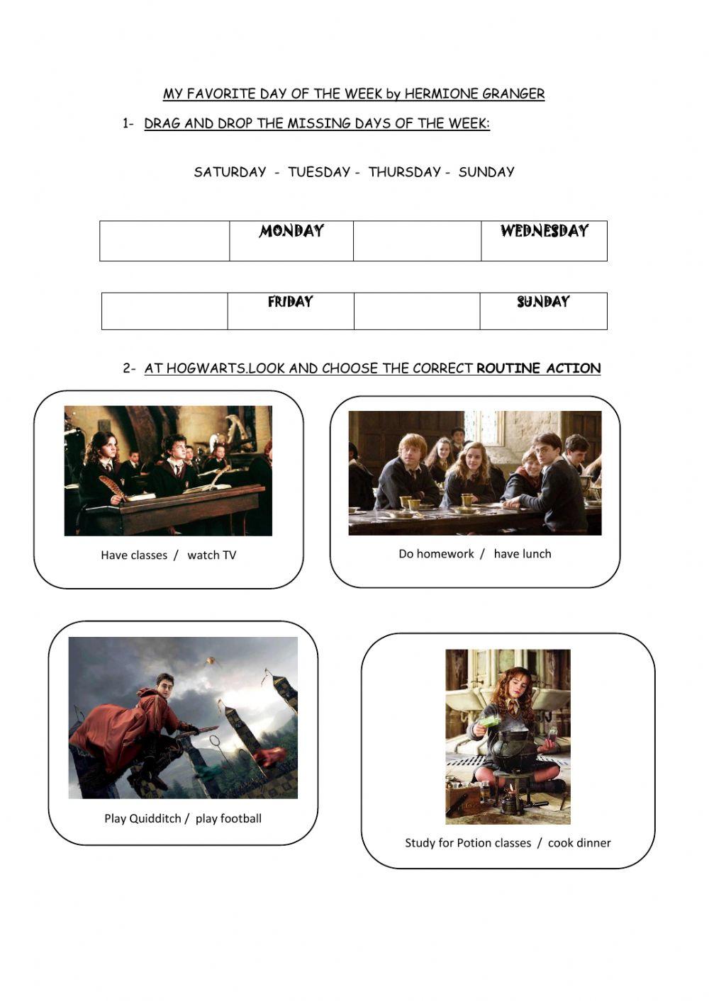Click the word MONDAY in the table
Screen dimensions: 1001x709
pos(291,231)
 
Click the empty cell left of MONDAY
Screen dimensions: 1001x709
pos(164,241)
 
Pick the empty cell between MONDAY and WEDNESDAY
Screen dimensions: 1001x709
pos(417,241)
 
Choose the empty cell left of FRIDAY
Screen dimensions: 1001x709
pos(164,311)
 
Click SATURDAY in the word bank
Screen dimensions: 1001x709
pos(230,172)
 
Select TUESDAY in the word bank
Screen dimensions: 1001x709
pos(319,172)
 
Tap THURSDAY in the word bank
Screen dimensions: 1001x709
pos(404,172)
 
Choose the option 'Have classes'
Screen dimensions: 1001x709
pos(134,555)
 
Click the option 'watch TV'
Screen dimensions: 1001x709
pos(211,555)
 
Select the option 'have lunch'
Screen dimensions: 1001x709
pos(522,554)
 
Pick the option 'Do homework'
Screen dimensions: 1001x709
pos(436,554)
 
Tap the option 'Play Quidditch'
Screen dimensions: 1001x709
pos(143,819)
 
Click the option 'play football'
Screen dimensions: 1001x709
pos(228,819)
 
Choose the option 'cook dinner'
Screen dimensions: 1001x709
pos(579,843)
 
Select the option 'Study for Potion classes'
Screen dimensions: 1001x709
pos(468,843)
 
